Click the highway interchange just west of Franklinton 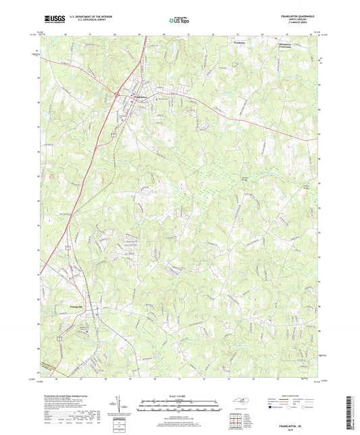click(117, 94)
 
